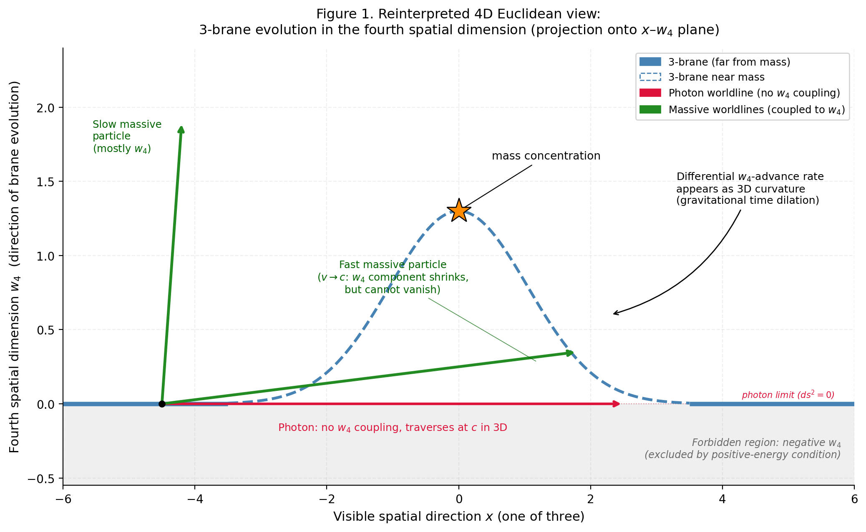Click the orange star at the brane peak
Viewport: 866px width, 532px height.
pos(459,210)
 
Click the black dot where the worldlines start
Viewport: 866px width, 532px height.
pos(162,404)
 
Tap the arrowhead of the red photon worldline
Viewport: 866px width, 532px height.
pos(616,404)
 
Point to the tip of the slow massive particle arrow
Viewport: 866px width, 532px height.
pos(181,128)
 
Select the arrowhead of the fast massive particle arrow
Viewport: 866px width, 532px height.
pos(570,353)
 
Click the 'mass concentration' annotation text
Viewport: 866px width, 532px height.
pos(546,156)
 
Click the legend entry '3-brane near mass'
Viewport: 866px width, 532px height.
pos(716,77)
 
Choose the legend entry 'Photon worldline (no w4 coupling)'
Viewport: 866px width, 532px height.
pos(754,93)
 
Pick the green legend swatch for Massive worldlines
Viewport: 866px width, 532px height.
pos(650,109)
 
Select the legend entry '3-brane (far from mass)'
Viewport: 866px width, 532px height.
pos(729,62)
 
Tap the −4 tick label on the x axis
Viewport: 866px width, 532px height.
pos(194,499)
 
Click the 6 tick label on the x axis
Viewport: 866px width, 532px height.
pos(854,499)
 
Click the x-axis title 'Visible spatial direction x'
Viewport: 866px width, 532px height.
pos(458,517)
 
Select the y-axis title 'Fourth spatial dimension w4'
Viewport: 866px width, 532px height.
pos(15,267)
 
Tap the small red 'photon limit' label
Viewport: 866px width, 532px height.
pos(788,395)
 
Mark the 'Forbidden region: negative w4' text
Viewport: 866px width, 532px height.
pos(766,443)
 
